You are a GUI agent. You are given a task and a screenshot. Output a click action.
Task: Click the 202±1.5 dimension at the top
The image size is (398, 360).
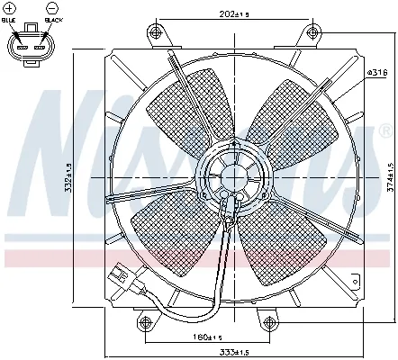tap(210, 14)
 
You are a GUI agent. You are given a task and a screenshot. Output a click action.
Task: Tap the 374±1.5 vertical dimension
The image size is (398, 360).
tap(389, 177)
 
